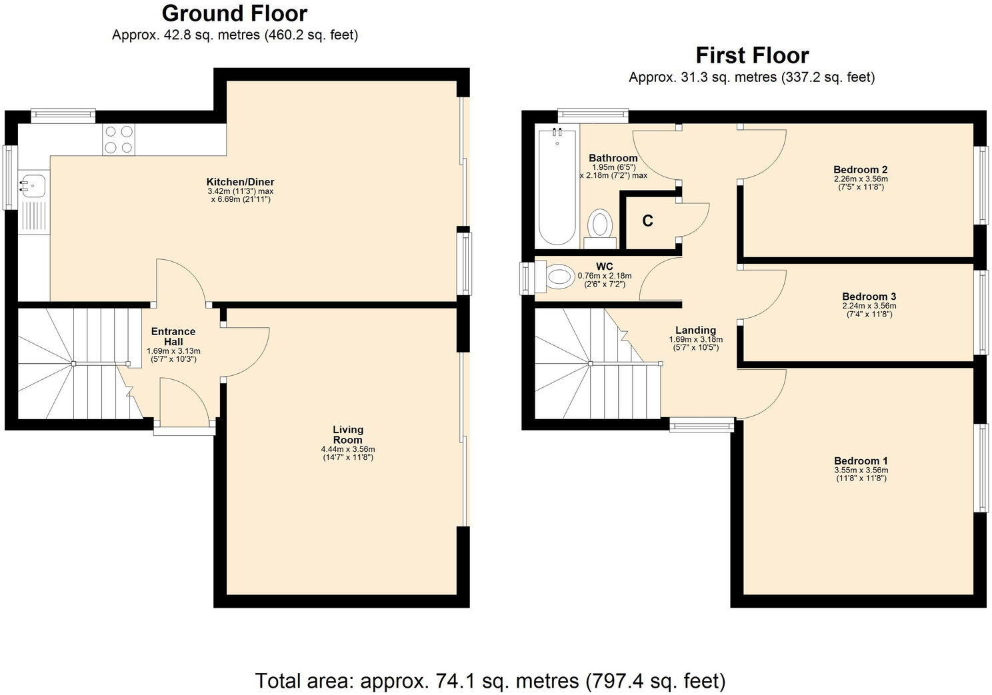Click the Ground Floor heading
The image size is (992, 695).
point(235,13)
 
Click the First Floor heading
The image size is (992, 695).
point(752,55)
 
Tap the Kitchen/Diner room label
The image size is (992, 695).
point(240,182)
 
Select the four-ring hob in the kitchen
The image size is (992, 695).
point(118,140)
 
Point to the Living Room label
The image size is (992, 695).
point(348,434)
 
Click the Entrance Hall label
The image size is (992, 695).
point(173,337)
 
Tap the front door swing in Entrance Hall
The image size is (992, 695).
point(183,400)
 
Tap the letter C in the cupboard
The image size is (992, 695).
point(647,221)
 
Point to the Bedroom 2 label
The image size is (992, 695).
point(861,170)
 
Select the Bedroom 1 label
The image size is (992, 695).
point(861,461)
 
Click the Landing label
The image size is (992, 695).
point(695,330)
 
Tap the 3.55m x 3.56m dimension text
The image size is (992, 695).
point(861,470)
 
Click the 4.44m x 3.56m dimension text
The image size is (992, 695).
point(348,450)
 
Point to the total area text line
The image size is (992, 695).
point(490,681)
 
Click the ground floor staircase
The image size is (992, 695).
point(73,363)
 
